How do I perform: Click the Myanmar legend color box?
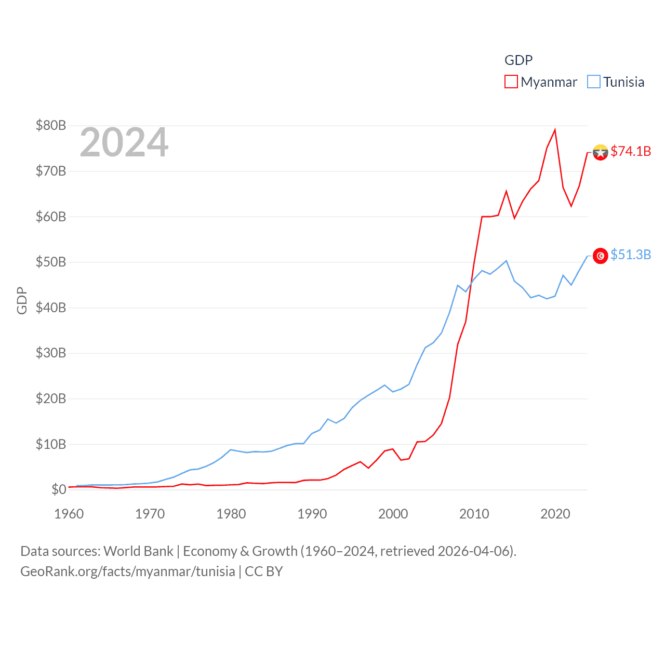pos(511,82)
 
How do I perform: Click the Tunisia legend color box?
pos(594,82)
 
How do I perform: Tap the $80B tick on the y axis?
pos(51,125)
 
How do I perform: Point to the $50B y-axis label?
pos(51,262)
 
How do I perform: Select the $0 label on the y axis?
pos(59,489)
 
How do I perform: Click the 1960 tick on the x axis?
pos(69,514)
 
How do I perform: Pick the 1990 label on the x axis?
pos(312,514)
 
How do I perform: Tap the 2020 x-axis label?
pos(555,514)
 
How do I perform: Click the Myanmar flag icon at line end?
pos(601,152)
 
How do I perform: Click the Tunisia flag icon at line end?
pos(601,256)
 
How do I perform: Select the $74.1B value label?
pos(631,151)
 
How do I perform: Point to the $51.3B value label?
pos(631,255)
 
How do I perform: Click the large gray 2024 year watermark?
pos(124,142)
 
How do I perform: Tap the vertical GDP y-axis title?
pos(22,300)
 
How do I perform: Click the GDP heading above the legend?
pos(518,60)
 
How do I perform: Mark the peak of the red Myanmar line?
pos(555,129)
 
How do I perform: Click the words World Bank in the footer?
pos(138,551)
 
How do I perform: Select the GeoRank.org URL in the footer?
pos(128,571)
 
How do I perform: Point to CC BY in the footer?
pos(264,571)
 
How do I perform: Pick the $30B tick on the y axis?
pos(51,353)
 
